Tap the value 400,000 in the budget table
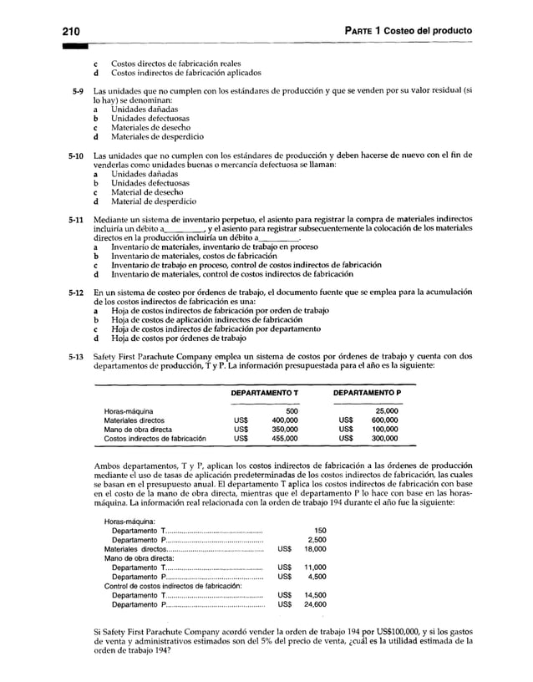(286, 420)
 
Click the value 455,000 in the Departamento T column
(286, 439)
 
